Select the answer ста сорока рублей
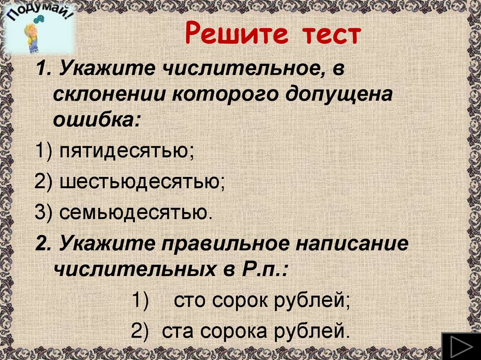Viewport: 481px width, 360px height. coord(256,331)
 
